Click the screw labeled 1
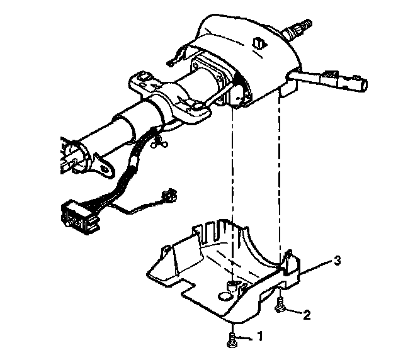[x=232, y=340]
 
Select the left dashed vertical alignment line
[x=233, y=189]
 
